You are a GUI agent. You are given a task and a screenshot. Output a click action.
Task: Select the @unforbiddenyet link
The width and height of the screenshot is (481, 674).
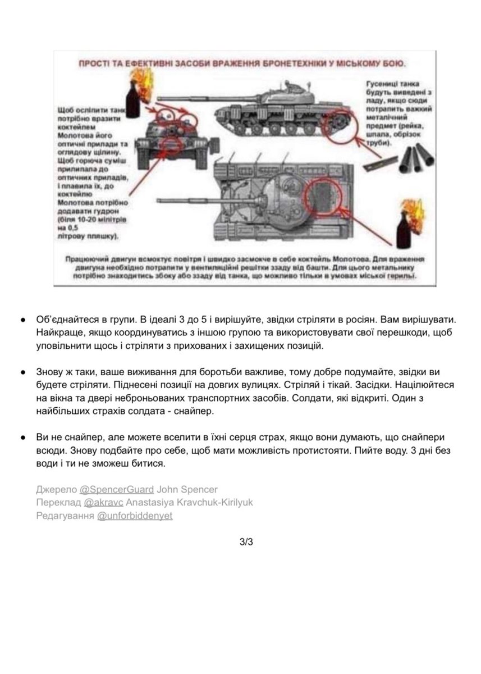pos(135,516)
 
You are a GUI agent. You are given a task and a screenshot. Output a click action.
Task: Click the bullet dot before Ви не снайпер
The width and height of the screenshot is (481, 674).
pos(22,437)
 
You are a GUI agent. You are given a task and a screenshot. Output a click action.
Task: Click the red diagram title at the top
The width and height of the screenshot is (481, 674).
pos(242,63)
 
